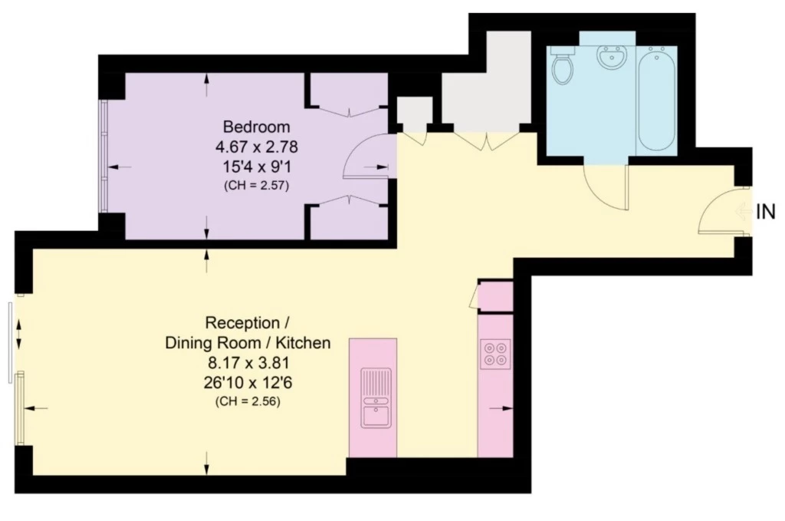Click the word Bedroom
point(256,127)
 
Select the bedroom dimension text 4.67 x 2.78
point(256,147)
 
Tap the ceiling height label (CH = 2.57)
point(256,186)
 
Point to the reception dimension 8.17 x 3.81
point(248,363)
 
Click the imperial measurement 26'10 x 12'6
point(248,383)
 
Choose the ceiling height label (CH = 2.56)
point(248,401)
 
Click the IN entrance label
point(766,212)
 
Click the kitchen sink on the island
point(376,398)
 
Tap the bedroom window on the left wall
point(103,156)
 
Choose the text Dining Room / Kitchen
point(248,343)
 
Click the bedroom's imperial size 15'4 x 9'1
point(256,166)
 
